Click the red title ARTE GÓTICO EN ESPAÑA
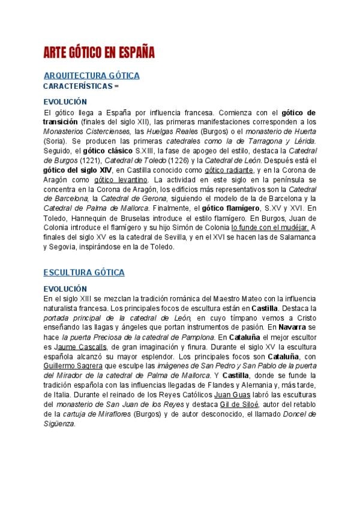(x=99, y=53)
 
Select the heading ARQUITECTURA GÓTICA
(x=92, y=76)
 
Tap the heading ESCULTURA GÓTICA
(x=84, y=273)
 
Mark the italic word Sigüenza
(x=60, y=424)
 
